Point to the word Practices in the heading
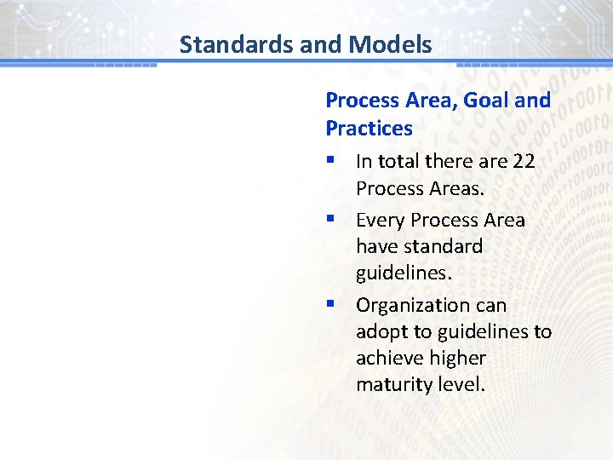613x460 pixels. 369,129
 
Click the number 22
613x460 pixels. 524,161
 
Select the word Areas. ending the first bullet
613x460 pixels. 457,187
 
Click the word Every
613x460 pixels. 380,220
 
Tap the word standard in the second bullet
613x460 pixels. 443,247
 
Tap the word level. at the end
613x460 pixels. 460,384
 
